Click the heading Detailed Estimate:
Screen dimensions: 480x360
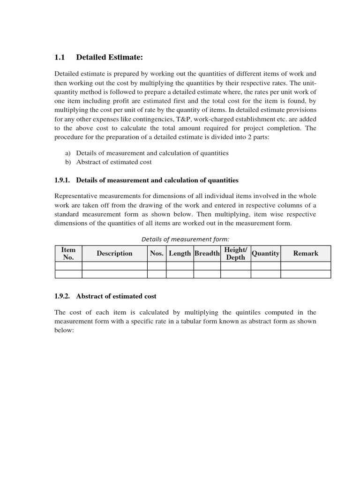click(109, 57)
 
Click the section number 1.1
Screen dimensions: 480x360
click(59, 57)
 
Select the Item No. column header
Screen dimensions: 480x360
click(68, 254)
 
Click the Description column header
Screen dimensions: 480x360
click(114, 254)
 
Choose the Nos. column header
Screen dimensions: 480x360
click(157, 254)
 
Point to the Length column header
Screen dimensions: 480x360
click(180, 254)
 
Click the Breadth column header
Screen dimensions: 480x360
click(207, 254)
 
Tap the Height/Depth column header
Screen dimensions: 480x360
click(235, 254)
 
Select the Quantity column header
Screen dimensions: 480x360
click(265, 254)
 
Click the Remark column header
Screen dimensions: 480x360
click(305, 254)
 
